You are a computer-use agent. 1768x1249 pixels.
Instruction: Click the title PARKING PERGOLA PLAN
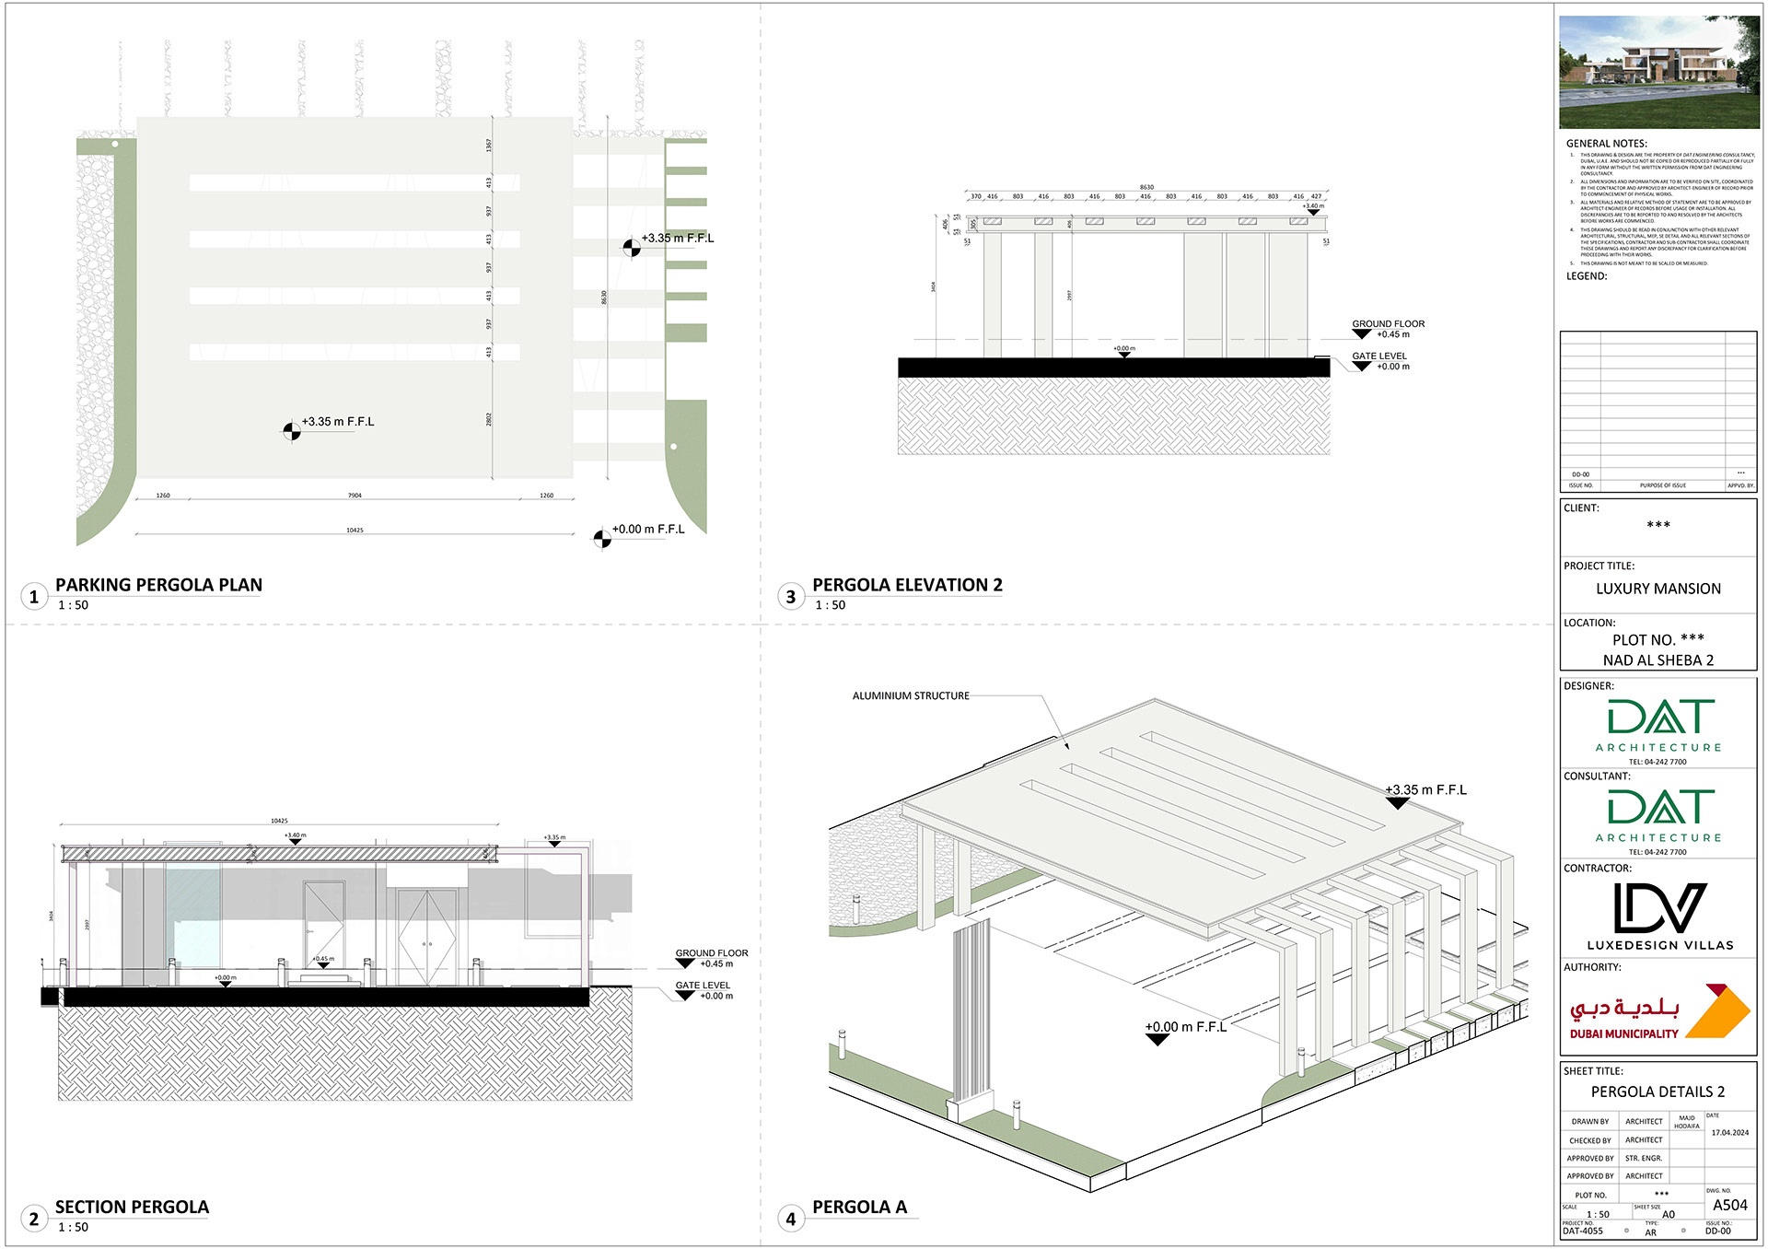[158, 585]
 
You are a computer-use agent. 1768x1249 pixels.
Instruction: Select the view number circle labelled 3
[790, 597]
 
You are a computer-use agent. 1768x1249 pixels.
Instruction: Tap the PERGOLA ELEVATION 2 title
[907, 585]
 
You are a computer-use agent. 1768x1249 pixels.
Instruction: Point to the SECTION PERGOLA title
[132, 1207]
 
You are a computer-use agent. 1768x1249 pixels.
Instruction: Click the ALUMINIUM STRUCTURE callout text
[911, 696]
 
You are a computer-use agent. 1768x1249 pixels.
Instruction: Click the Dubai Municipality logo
[1658, 1012]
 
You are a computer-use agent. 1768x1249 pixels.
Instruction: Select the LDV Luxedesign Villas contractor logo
[1659, 916]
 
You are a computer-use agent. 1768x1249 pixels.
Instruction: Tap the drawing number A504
[1729, 1205]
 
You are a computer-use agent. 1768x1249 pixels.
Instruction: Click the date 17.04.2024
[1729, 1133]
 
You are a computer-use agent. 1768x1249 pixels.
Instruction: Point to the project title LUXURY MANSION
[1657, 589]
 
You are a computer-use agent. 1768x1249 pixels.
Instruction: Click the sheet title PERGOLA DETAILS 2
[1657, 1091]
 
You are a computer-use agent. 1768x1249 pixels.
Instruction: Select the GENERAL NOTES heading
[1606, 144]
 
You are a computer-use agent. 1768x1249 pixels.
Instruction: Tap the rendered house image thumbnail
[1658, 72]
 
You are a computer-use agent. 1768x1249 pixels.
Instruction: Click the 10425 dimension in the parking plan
[355, 531]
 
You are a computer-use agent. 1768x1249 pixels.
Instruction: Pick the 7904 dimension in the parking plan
[355, 496]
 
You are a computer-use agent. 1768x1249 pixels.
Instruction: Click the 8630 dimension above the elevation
[1146, 187]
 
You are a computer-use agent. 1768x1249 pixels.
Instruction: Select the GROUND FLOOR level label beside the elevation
[1388, 324]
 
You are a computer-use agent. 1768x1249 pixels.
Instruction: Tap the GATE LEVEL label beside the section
[703, 986]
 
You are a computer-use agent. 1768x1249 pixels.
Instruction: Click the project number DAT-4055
[1582, 1231]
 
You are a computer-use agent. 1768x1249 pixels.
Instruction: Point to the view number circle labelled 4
[790, 1220]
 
